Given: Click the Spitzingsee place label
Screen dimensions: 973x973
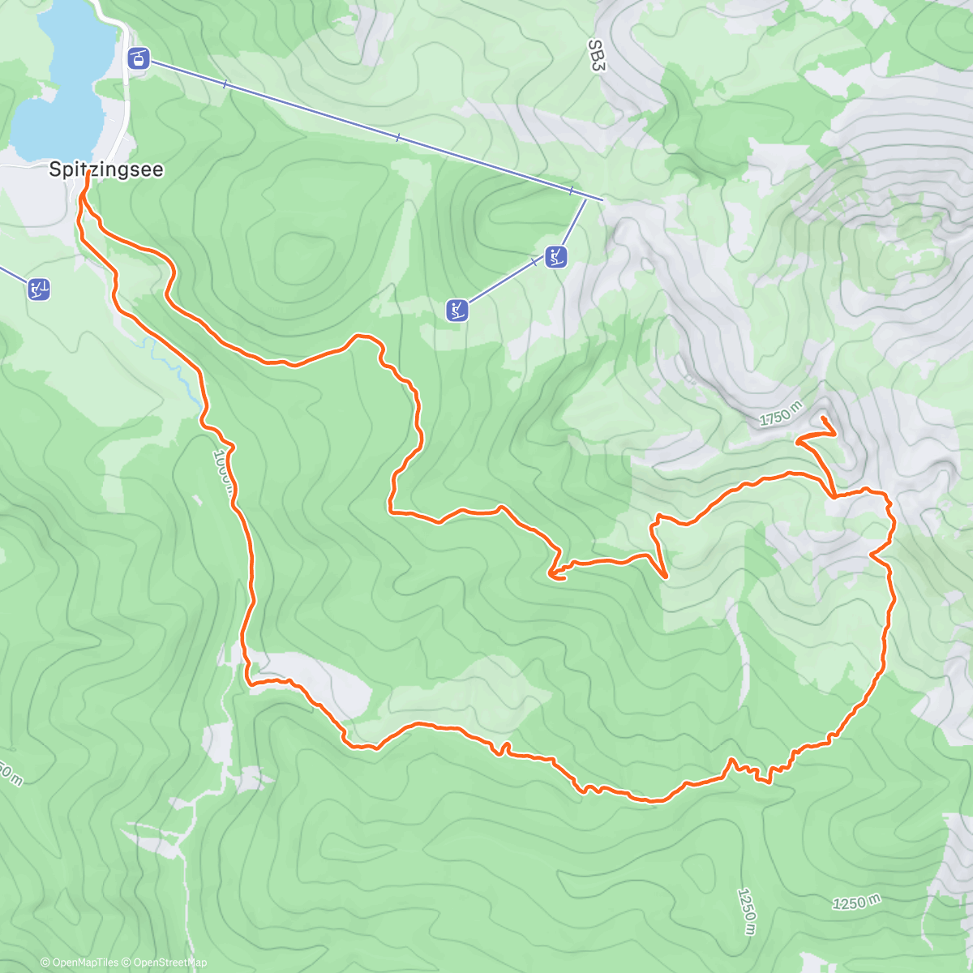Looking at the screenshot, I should point(106,169).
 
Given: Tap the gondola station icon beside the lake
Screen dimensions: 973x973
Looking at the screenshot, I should point(139,58).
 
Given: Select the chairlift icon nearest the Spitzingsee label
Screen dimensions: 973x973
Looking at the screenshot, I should point(39,289).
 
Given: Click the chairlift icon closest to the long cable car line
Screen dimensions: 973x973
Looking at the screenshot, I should point(555,257).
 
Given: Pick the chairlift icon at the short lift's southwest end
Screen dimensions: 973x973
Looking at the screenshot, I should point(457,310).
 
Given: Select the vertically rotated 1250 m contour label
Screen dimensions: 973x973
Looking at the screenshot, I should point(748,911).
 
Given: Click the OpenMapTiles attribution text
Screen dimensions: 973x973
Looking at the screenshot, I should point(84,962).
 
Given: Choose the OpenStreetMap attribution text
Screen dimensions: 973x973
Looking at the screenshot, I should point(169,962).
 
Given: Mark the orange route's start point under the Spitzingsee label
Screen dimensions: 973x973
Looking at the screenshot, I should point(86,174).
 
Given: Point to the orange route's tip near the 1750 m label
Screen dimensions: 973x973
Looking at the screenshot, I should point(824,418).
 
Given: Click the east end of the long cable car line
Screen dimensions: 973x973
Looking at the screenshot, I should point(602,199).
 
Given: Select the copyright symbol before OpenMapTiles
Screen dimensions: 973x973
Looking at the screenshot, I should point(45,962).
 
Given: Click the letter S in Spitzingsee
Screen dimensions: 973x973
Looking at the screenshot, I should point(55,169).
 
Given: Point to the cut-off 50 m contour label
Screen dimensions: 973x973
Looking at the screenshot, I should point(10,774).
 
